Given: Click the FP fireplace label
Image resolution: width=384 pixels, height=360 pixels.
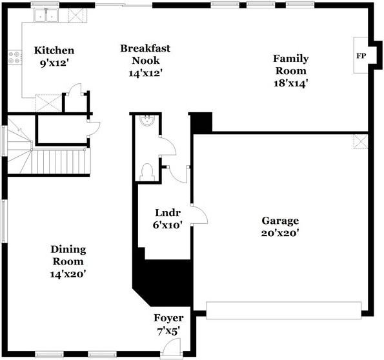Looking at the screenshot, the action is (x=361, y=56).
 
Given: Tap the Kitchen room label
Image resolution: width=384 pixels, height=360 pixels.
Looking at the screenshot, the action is (x=54, y=50).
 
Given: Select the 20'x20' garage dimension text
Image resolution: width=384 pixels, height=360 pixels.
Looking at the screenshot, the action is (x=280, y=233).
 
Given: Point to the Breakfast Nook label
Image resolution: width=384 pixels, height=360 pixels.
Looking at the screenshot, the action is (x=145, y=54).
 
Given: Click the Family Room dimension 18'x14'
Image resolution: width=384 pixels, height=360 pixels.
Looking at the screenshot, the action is (x=290, y=83).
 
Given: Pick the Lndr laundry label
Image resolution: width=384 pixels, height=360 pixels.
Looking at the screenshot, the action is (x=168, y=212).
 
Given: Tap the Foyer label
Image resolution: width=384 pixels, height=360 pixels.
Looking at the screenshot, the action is (x=168, y=318).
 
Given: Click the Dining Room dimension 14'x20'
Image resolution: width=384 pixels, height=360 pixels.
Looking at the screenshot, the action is (x=68, y=274).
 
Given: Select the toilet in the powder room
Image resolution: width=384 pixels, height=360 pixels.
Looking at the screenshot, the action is (x=147, y=172).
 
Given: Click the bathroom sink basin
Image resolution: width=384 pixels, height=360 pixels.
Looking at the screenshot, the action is (x=147, y=120).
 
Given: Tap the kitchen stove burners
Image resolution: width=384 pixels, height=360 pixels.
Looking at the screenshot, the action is (x=14, y=57).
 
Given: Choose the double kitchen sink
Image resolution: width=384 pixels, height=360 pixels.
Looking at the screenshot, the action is (x=46, y=15).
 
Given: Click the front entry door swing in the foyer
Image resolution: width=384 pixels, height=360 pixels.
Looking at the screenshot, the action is (x=172, y=346).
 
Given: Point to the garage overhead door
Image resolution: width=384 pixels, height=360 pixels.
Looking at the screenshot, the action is (x=283, y=310).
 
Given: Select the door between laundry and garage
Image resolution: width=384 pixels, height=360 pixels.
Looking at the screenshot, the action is (x=199, y=215).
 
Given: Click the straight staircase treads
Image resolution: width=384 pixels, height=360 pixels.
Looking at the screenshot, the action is (x=61, y=162).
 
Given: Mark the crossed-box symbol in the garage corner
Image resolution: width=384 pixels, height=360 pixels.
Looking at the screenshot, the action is (x=361, y=141).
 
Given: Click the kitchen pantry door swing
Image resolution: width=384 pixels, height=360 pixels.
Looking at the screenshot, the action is (x=75, y=90).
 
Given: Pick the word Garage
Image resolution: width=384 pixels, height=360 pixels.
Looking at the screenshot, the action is (x=280, y=221).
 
